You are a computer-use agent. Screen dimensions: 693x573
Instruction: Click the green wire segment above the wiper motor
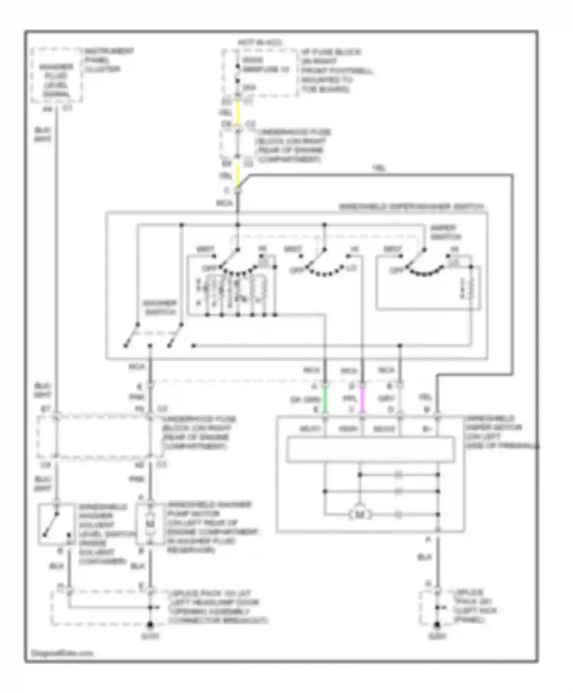click(x=325, y=400)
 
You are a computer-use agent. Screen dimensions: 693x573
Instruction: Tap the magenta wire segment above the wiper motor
click(x=362, y=400)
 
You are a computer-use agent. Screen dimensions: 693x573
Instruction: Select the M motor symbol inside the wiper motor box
click(x=359, y=515)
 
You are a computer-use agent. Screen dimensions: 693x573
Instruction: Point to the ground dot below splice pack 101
click(x=150, y=624)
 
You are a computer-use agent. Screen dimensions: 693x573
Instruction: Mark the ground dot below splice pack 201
click(x=437, y=624)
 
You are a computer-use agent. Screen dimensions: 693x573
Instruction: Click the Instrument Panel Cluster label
click(x=108, y=60)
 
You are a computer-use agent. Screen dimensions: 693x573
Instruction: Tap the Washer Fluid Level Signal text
click(x=57, y=81)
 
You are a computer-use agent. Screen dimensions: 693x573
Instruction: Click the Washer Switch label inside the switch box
click(x=159, y=308)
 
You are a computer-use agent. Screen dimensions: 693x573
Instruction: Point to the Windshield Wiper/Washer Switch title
click(x=411, y=207)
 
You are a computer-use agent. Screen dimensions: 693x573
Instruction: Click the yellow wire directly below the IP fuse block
click(x=238, y=112)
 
